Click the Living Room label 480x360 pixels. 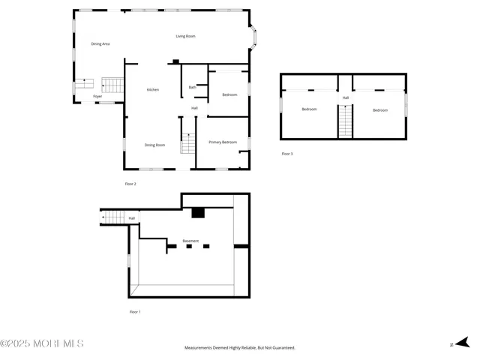click(x=185, y=36)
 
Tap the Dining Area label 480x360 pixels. click(x=100, y=44)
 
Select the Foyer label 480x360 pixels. click(x=97, y=97)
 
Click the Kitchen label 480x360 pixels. click(x=152, y=90)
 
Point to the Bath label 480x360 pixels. click(x=192, y=88)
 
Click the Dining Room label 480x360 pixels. click(x=154, y=145)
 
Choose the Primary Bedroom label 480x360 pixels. click(x=223, y=142)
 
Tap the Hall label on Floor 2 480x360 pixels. click(x=194, y=108)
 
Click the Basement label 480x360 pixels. click(x=190, y=241)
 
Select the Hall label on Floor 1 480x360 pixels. click(x=132, y=218)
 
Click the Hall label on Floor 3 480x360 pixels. click(x=346, y=97)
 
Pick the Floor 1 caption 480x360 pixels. click(x=135, y=311)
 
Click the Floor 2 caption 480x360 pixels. click(x=130, y=183)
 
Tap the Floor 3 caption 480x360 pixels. click(x=287, y=154)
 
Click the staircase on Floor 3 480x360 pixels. click(x=345, y=121)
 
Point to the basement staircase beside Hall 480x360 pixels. click(x=113, y=217)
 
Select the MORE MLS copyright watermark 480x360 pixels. click(x=42, y=343)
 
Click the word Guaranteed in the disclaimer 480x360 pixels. click(x=283, y=348)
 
